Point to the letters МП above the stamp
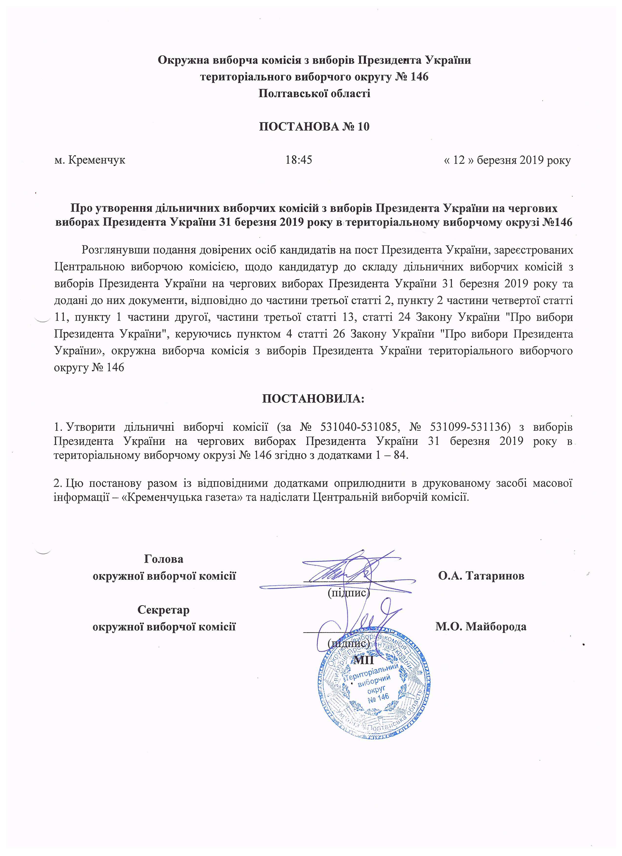(x=363, y=660)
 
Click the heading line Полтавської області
(x=314, y=93)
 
